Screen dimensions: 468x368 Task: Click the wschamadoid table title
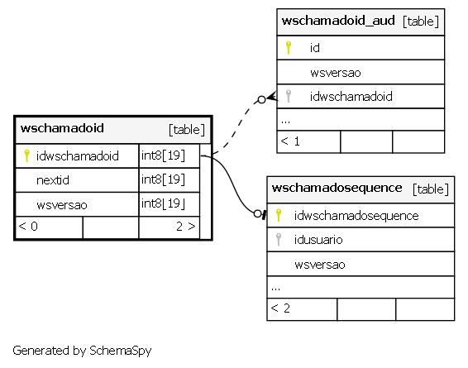(62, 128)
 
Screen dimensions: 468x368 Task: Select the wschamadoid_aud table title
(338, 21)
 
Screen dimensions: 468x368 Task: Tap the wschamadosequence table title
(337, 188)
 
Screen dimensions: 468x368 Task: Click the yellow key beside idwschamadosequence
(279, 215)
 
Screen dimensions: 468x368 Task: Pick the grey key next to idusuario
(279, 239)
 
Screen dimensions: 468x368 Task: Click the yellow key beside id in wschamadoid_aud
(289, 47)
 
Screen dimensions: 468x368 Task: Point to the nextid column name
(53, 180)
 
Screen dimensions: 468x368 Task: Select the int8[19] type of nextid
(163, 179)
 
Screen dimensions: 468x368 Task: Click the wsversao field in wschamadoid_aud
(336, 73)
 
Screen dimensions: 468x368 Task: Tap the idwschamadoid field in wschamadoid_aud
(351, 97)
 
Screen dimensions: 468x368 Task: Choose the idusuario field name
(318, 240)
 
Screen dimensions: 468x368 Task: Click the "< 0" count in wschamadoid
(28, 227)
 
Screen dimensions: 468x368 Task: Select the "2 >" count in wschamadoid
(186, 227)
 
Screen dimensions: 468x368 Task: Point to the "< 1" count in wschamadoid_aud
(290, 141)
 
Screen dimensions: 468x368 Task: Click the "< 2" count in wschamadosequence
(280, 308)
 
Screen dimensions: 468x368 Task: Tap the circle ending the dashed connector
(261, 100)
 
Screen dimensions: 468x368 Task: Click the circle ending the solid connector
(257, 213)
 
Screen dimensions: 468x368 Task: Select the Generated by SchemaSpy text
(82, 351)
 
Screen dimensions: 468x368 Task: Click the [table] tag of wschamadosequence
(431, 189)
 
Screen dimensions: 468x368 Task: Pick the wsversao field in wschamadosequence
(320, 265)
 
